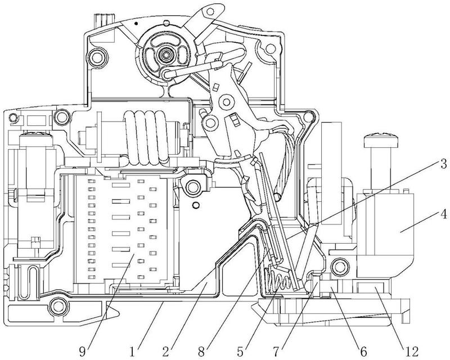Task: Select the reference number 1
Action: point(132,351)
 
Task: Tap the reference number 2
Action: point(166,351)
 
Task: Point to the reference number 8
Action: point(202,351)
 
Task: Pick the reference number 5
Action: point(241,351)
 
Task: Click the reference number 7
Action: point(277,351)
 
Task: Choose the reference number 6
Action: point(363,351)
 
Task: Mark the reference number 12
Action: point(411,351)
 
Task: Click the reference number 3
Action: point(443,164)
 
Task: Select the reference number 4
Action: point(443,214)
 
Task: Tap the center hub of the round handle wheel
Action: point(165,53)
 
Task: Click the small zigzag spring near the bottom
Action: point(278,279)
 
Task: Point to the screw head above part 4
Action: point(381,141)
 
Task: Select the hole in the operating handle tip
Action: point(211,11)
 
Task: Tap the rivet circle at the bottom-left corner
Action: point(59,307)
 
